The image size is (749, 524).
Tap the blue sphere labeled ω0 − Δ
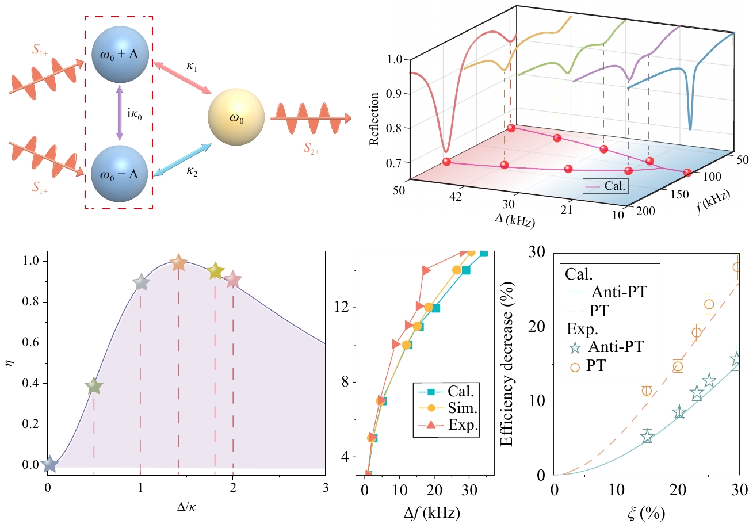click(x=120, y=173)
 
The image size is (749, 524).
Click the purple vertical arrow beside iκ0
click(x=120, y=113)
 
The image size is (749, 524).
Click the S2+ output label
click(x=315, y=151)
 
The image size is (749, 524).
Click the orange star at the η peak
click(x=178, y=263)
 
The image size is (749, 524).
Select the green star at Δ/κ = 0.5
click(x=94, y=387)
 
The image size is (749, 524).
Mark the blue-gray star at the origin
click(x=49, y=464)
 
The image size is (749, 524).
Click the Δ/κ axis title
click(x=186, y=509)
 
